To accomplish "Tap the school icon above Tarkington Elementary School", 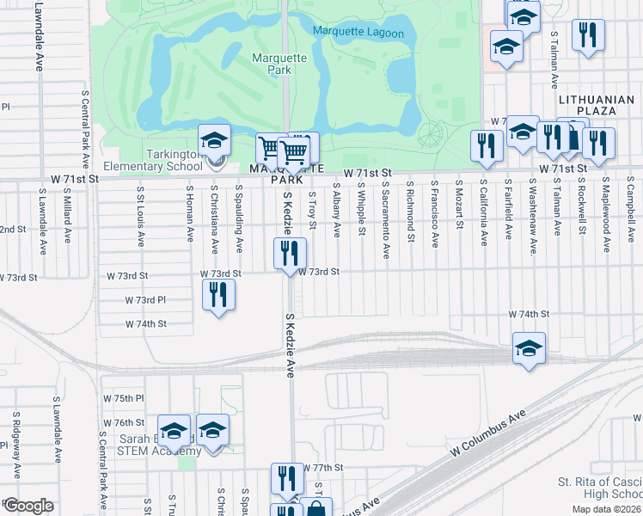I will [x=214, y=139].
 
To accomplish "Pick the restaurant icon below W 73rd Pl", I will [x=218, y=294].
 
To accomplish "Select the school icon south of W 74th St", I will [x=529, y=347].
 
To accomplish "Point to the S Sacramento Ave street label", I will [x=386, y=218].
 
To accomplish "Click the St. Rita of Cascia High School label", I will [x=599, y=487].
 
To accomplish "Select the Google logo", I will [x=28, y=506].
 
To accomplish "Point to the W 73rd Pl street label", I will [x=144, y=300].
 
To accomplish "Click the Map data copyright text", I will [x=606, y=509].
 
